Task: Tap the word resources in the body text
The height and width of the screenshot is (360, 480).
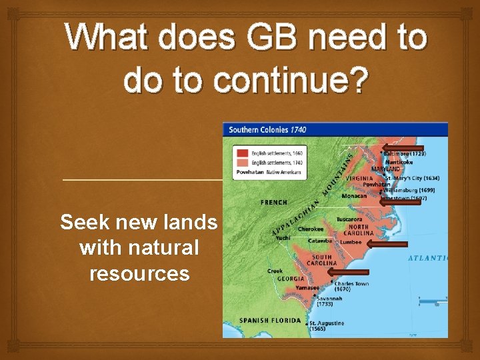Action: tap(139, 273)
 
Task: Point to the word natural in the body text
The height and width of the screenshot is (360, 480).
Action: tap(139, 248)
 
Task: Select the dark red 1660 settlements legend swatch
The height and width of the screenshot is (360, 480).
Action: tap(241, 153)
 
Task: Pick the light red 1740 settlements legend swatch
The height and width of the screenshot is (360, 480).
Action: tap(241, 163)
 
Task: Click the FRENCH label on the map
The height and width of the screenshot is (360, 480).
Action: tap(274, 202)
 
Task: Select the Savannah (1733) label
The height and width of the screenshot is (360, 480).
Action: tap(329, 301)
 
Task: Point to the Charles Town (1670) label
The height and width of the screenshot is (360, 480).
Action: tap(351, 287)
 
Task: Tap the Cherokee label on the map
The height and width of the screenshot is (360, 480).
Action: tap(310, 229)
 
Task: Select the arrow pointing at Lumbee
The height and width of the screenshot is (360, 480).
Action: tap(386, 245)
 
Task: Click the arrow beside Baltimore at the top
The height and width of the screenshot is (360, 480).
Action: tap(402, 147)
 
